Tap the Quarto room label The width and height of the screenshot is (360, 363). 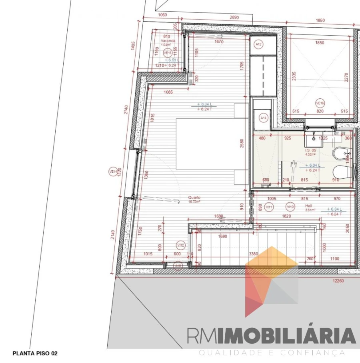[195, 197]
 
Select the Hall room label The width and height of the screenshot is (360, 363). [308, 205]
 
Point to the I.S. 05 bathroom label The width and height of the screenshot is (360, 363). [311, 150]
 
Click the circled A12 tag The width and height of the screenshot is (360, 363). [259, 44]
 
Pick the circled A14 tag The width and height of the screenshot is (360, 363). [263, 118]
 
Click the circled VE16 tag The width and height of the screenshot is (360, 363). [320, 103]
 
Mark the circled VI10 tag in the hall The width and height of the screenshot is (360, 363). [290, 207]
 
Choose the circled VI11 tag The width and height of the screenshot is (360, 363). [269, 207]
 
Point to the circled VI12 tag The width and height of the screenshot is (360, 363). [181, 245]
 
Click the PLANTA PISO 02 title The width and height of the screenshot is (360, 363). [35, 353]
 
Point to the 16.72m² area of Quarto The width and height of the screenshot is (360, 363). [195, 202]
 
